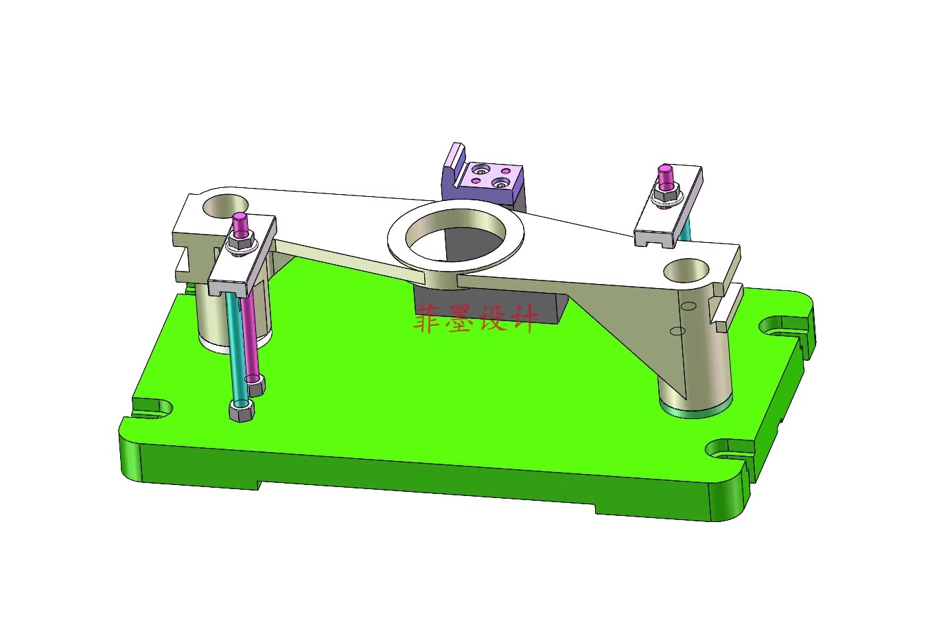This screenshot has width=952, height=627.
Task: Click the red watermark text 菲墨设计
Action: (476, 318)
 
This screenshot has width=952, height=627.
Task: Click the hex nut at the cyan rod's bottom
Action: (242, 410)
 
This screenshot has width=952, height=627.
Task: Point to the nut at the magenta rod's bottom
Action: (256, 385)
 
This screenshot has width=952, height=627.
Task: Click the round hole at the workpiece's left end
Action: (225, 206)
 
